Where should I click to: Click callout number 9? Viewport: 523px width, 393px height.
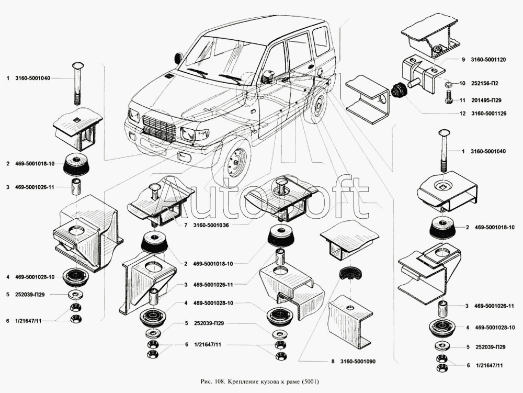[463, 60]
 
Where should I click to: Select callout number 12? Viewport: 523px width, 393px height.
[463, 114]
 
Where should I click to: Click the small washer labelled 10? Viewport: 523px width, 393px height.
[448, 84]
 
